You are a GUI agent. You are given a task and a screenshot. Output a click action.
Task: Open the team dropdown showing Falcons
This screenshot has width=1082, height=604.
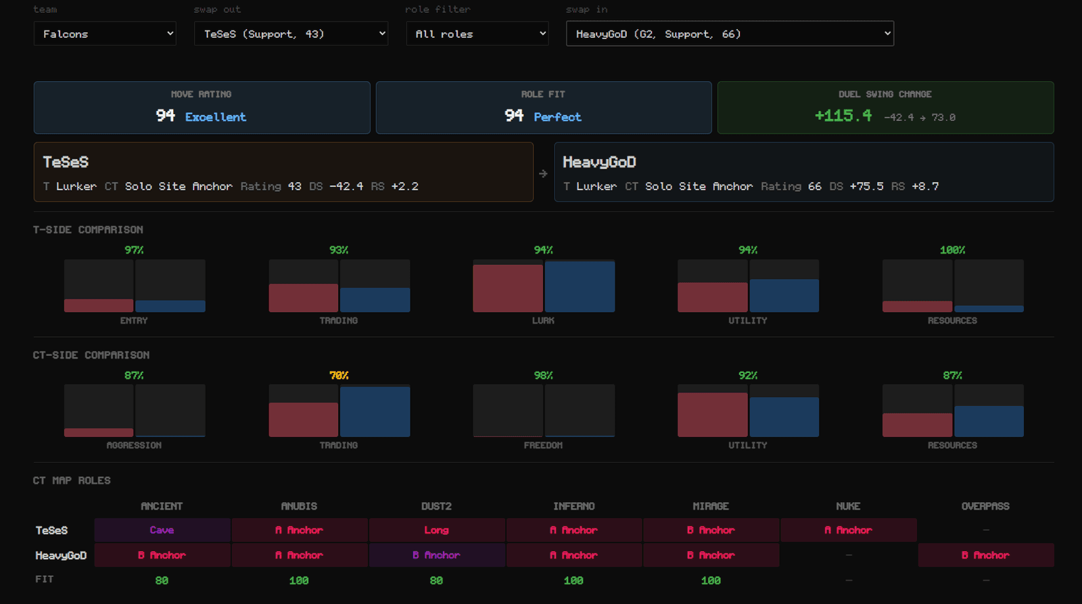point(105,34)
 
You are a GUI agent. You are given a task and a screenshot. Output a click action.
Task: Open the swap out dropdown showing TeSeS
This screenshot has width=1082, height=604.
point(291,34)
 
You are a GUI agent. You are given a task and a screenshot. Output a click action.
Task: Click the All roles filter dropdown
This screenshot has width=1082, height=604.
point(477,34)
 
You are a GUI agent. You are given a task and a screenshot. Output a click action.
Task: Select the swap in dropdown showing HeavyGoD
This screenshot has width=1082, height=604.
point(730,34)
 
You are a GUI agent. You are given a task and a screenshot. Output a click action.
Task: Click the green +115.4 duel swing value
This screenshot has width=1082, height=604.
point(843,116)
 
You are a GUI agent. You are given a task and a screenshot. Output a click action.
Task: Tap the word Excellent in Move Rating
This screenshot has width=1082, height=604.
point(216,118)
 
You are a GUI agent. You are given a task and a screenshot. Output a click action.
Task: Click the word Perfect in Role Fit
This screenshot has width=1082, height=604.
point(557,118)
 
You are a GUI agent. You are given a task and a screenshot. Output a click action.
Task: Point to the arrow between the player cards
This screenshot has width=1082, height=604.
point(544,173)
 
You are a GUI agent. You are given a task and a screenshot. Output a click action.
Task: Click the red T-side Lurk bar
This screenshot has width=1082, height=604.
point(508,288)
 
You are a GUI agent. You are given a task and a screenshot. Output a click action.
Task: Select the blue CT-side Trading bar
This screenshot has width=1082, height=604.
point(375,411)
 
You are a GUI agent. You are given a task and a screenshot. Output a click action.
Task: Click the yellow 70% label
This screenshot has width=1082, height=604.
point(339,376)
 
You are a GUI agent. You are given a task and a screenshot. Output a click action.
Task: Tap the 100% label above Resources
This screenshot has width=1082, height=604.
point(953,250)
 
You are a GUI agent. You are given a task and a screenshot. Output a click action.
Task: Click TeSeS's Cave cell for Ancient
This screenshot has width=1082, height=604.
point(162,530)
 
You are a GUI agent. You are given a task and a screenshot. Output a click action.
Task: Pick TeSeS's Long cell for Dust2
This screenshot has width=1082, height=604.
point(437,530)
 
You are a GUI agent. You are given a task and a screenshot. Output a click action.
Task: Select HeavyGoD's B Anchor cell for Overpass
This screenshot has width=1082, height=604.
point(986,555)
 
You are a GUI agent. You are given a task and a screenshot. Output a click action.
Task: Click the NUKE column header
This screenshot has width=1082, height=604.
point(848,506)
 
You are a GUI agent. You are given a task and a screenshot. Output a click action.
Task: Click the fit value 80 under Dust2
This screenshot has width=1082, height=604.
point(436,580)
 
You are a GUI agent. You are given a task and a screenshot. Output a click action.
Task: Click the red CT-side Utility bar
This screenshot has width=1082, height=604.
point(713,414)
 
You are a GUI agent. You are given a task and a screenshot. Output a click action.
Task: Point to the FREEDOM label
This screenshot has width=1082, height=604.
point(544,445)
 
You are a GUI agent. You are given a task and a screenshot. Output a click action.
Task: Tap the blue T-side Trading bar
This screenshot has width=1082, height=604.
point(375,299)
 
